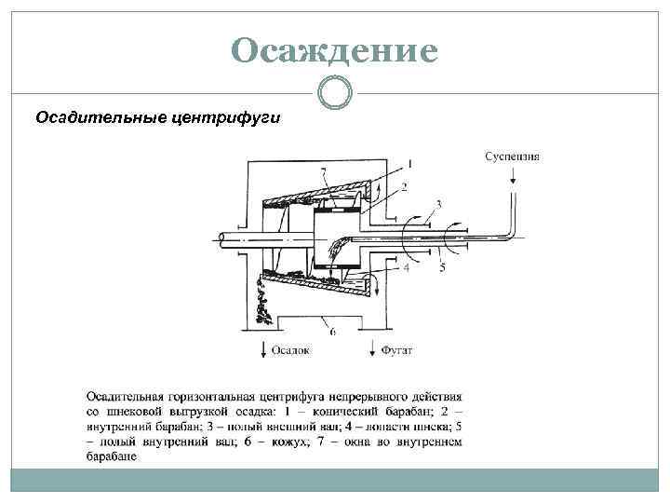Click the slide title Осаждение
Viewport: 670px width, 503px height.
point(335,50)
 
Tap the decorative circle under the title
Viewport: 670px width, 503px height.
point(335,92)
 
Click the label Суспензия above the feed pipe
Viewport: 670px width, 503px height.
point(513,156)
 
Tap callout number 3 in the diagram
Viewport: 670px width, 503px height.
point(437,204)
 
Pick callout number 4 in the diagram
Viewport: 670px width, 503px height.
point(408,267)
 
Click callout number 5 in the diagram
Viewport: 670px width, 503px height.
point(442,268)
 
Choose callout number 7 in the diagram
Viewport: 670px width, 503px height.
point(322,172)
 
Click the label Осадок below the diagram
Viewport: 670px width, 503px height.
point(289,351)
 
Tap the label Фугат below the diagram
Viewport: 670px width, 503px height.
point(396,351)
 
